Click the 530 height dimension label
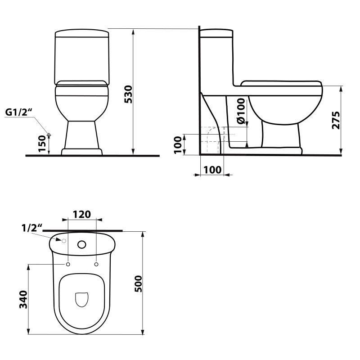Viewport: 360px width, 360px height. coord(128,94)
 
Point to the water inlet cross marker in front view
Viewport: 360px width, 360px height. coord(49,135)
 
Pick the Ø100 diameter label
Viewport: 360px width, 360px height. coord(241,111)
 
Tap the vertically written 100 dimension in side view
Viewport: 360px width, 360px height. coord(179,144)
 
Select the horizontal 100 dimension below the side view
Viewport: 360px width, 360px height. coord(211,170)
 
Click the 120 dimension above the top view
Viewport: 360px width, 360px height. coord(81,214)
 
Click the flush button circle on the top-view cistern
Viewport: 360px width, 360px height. coord(82,245)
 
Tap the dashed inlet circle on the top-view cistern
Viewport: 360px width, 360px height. coord(64,241)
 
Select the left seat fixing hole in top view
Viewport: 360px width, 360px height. coord(67,264)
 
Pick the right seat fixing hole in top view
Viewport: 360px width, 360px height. coord(96,264)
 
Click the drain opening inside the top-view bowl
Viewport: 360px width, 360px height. coord(81,299)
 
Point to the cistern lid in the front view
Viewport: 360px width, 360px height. coord(82,34)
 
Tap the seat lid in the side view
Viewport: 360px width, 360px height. coord(281,83)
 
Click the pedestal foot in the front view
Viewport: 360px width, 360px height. coord(82,152)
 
